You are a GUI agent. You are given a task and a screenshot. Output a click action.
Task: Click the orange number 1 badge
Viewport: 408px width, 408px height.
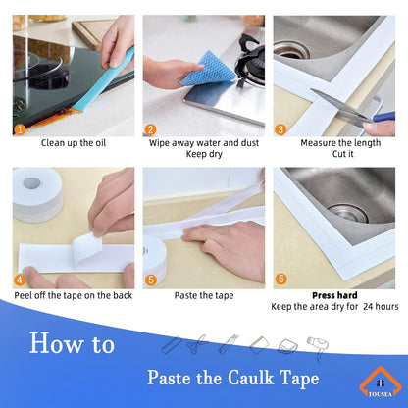pos(20,129)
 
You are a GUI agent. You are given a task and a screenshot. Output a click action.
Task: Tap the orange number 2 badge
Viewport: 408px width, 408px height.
pos(151,129)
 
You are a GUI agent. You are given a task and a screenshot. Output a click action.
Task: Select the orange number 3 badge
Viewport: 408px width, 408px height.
pos(281,129)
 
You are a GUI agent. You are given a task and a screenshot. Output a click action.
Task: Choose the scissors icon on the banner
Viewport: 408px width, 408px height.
pos(196,345)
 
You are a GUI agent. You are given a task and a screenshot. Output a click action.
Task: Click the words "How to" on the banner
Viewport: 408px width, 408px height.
pos(72,344)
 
